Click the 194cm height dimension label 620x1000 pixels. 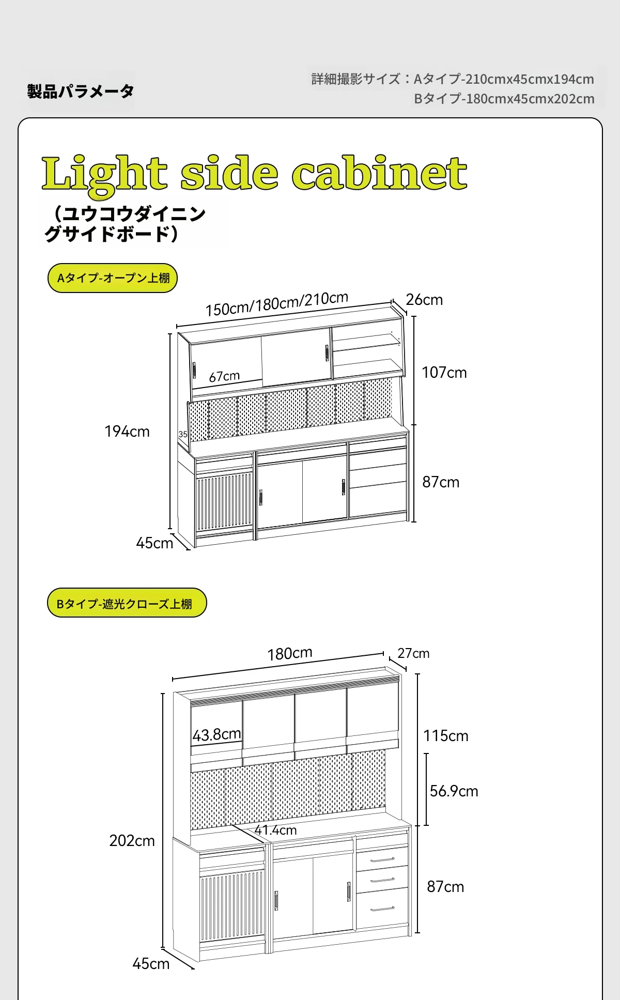(127, 432)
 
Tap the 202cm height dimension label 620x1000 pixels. (132, 841)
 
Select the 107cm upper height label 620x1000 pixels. (444, 373)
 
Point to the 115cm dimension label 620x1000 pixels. (446, 736)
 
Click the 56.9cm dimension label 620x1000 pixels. (454, 791)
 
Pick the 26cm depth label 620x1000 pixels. (424, 300)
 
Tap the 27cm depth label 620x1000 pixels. (413, 653)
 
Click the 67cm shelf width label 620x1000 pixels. (224, 376)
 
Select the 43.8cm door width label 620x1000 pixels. (217, 734)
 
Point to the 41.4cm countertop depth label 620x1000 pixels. (275, 830)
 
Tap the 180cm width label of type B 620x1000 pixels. (290, 654)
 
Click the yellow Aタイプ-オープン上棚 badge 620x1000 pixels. (113, 278)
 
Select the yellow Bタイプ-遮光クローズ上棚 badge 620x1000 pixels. (127, 603)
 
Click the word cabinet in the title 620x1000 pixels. (379, 173)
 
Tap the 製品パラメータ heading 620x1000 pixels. (81, 91)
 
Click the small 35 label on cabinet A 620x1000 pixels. (183, 434)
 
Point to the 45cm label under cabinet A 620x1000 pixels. (154, 543)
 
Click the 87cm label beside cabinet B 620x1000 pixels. (445, 887)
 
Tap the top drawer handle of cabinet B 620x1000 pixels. (382, 860)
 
